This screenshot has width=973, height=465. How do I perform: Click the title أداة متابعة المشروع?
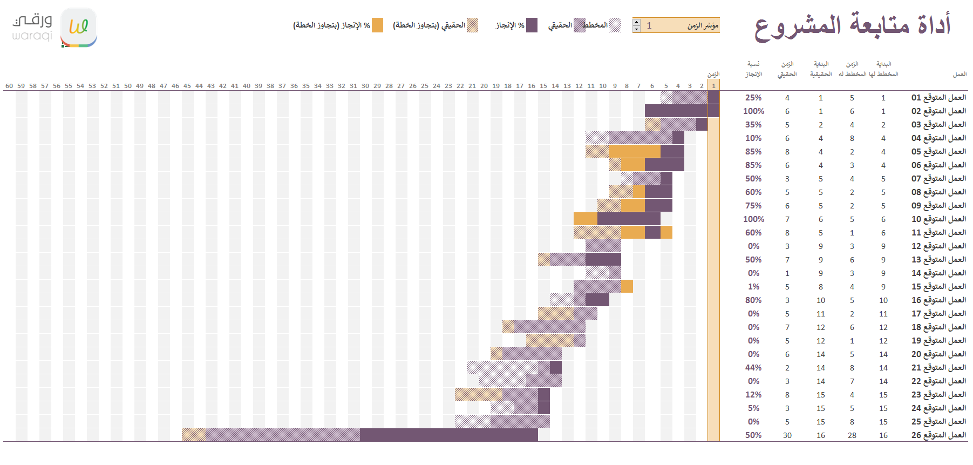coord(853,26)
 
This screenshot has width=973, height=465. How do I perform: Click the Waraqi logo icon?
coord(79,27)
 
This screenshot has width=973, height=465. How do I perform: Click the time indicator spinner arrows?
coord(637,25)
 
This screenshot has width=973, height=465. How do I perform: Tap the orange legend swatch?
coord(377,25)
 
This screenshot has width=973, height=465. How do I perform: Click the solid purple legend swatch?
coord(532,25)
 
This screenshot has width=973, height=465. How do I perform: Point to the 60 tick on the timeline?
coord(9,86)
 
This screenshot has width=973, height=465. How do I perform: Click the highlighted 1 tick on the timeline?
coord(713,86)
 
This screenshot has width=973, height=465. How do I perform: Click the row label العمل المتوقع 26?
coord(938,435)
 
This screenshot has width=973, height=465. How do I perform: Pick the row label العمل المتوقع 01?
coord(938,98)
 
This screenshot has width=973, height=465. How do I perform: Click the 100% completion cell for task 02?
coord(753,111)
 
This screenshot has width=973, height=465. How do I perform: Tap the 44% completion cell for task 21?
coord(753,368)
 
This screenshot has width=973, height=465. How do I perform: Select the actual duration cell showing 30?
coord(787,435)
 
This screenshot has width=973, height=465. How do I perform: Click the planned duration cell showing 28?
coord(852,435)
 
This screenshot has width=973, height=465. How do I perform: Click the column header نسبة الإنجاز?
coord(753,69)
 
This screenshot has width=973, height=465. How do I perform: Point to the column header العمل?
coord(960,75)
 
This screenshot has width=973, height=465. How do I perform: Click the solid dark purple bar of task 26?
coord(448,435)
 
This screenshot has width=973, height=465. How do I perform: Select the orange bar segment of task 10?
coord(585,219)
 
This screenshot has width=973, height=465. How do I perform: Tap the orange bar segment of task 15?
coord(627,286)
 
